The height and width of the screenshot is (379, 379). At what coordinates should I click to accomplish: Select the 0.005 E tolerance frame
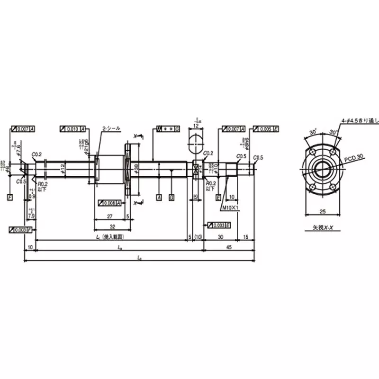266,129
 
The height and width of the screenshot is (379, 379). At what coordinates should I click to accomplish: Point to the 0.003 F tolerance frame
20,230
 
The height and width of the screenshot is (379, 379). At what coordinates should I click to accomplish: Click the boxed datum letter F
10,196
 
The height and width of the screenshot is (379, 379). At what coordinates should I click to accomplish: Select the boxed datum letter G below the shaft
171,196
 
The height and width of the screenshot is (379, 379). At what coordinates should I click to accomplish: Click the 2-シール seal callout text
111,128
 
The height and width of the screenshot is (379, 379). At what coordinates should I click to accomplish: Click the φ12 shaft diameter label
62,168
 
